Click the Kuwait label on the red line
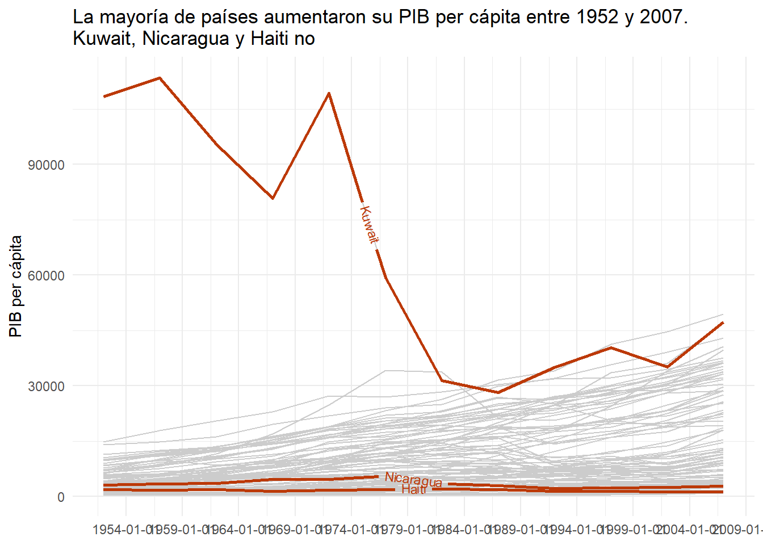(x=369, y=225)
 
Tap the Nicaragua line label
(x=413, y=480)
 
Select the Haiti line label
(x=414, y=490)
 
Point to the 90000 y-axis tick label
(x=47, y=165)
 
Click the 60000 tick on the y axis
(x=47, y=276)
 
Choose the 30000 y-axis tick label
(x=47, y=387)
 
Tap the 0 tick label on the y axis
(x=61, y=497)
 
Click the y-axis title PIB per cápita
(x=16, y=286)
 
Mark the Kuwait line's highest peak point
(x=160, y=78)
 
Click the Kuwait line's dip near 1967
(x=273, y=198)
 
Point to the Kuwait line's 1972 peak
(x=329, y=93)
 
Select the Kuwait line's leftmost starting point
(x=104, y=97)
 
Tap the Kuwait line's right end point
(x=723, y=322)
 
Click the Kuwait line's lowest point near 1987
(x=498, y=392)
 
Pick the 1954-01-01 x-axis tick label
(x=124, y=530)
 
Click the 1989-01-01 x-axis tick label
(x=519, y=530)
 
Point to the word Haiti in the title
(x=270, y=39)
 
